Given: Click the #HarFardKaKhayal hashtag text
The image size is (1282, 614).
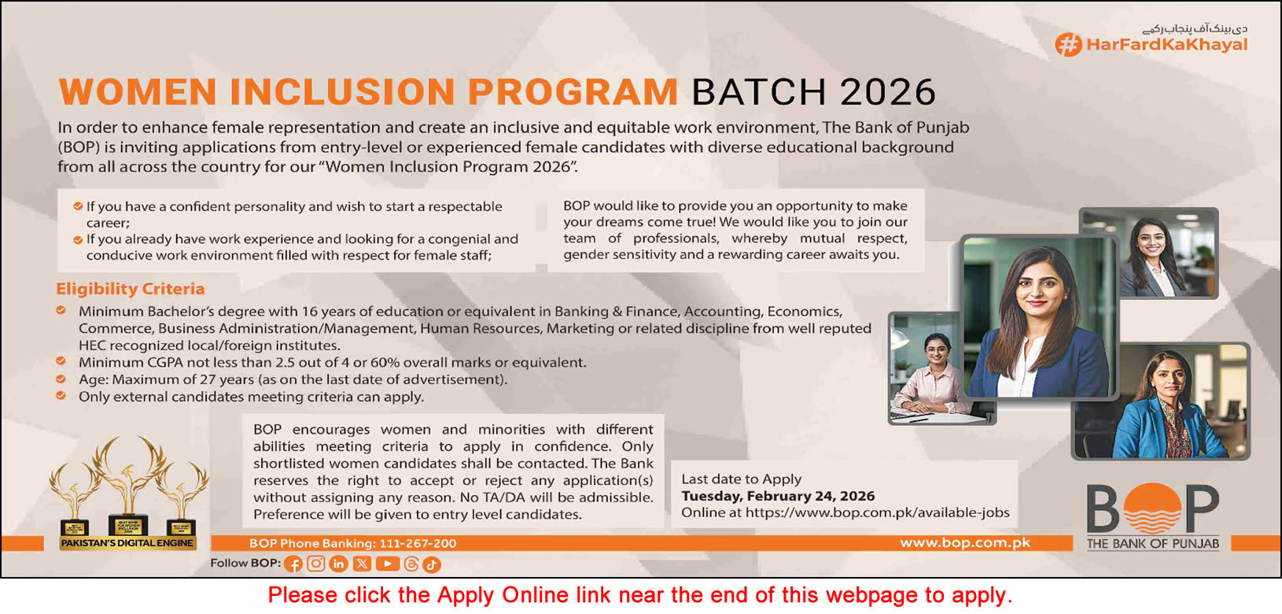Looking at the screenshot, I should (x=1166, y=44).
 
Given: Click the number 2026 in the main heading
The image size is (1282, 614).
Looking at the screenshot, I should (x=888, y=92).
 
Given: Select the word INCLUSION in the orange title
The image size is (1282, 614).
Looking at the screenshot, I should (x=341, y=92).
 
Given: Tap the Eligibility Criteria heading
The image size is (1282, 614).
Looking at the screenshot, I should (x=131, y=289).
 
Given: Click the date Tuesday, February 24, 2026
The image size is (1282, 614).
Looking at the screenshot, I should (x=778, y=496).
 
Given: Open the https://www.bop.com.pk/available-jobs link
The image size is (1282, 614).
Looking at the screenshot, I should (x=877, y=512).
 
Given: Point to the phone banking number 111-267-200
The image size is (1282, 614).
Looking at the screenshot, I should (x=418, y=543).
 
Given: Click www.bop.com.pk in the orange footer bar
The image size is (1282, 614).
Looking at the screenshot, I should (x=964, y=542).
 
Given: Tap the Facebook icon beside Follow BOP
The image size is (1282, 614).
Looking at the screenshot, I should (x=293, y=564).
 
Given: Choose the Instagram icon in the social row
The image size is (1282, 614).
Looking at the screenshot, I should (x=316, y=564).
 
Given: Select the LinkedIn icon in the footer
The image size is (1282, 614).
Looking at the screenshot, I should (x=339, y=564).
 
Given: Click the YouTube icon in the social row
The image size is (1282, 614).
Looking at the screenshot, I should (x=387, y=564).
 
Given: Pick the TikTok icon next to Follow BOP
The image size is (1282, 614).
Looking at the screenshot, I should (x=432, y=564).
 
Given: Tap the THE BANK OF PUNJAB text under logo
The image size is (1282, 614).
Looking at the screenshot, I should (x=1153, y=543).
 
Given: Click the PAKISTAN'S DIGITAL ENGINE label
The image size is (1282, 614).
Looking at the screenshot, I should (x=127, y=543).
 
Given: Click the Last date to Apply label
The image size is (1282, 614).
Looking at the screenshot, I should (x=741, y=479).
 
